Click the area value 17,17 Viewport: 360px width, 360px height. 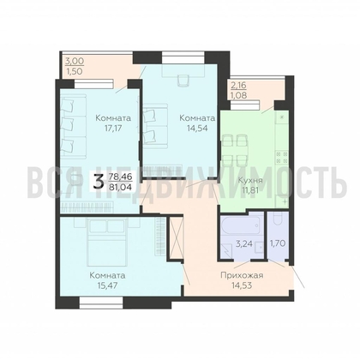tap(113, 128)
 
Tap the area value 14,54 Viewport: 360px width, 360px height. tap(197, 128)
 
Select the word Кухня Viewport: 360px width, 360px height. tap(250, 181)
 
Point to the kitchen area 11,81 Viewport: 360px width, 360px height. tap(250, 190)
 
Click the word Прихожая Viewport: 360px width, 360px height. tap(242, 275)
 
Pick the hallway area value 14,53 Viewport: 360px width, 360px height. tap(242, 285)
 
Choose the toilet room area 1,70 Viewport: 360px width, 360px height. tap(278, 243)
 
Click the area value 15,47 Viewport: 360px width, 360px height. tap(107, 285)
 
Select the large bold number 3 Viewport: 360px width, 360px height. tap(99, 182)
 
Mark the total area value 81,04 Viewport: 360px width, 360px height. tap(120, 188)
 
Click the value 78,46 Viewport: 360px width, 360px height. tap(120, 177)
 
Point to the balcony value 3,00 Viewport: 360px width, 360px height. tap(75, 61)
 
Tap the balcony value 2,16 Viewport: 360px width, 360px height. tap(238, 85)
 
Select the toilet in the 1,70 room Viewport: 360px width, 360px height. tap(278, 221)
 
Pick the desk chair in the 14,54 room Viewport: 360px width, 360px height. tap(183, 81)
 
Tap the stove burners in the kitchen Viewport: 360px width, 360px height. tap(281, 158)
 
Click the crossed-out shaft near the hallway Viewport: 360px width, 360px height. tap(176, 238)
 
